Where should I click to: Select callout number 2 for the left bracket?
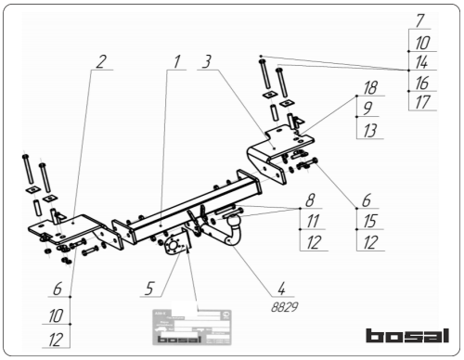click(x=100, y=62)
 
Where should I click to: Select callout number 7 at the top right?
click(x=420, y=19)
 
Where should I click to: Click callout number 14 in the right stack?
click(x=420, y=62)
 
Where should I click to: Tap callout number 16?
click(x=420, y=84)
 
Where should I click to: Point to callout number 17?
click(x=420, y=103)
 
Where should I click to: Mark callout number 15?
click(x=369, y=221)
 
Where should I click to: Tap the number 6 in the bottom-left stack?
click(x=58, y=289)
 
